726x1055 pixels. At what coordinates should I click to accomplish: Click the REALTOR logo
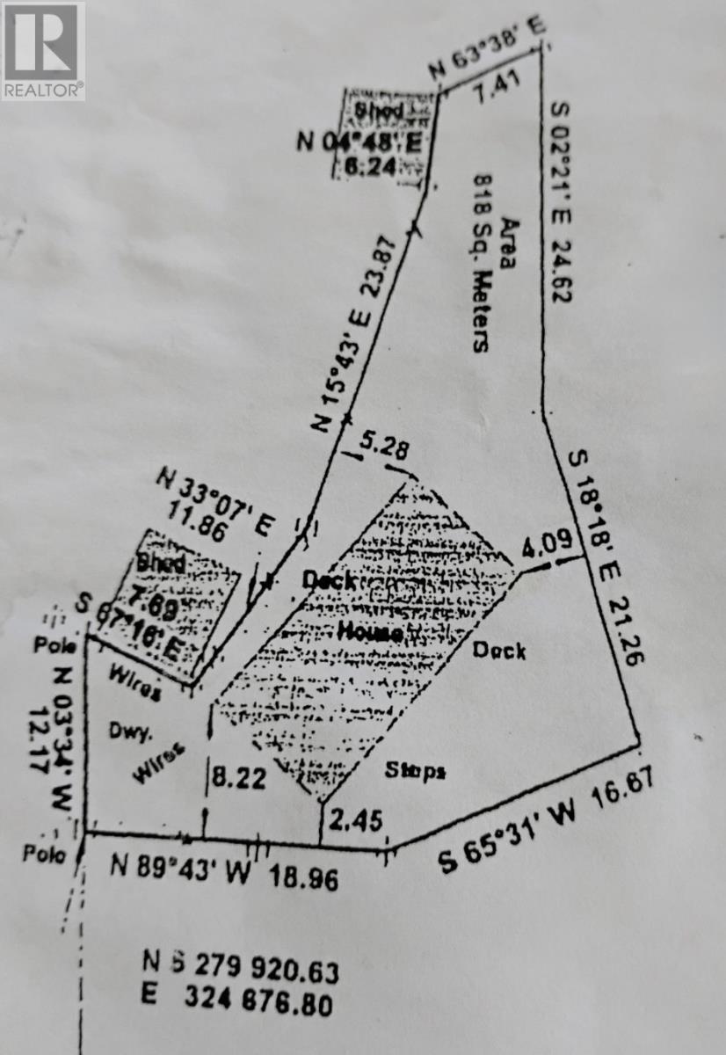[43, 50]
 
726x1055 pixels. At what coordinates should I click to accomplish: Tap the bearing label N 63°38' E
[486, 48]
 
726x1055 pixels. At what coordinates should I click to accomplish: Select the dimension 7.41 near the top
[497, 89]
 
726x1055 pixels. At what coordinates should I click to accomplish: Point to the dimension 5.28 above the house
[385, 447]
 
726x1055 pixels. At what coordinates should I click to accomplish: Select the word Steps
[416, 771]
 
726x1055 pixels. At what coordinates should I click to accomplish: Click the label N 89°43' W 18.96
[224, 870]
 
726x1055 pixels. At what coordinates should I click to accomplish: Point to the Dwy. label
[126, 729]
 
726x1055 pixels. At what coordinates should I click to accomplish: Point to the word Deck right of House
[499, 651]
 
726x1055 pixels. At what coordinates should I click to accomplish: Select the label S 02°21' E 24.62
[560, 202]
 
